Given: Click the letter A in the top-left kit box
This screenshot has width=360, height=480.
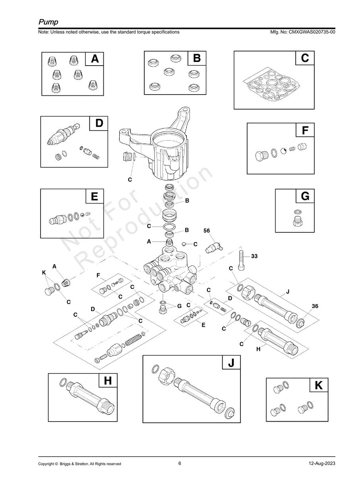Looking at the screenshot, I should (x=95, y=59).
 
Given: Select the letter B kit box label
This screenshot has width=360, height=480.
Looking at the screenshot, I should (x=197, y=58).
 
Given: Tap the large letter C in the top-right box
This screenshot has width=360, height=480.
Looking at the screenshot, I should (x=305, y=58).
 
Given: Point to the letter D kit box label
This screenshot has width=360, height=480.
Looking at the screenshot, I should (x=99, y=123).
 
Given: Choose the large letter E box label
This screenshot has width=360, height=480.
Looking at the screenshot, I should (x=95, y=196).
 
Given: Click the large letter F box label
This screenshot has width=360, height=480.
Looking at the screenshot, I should (x=305, y=130).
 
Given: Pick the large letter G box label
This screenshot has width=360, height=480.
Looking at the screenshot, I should (x=305, y=196).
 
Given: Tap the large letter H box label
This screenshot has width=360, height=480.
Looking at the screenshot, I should (x=108, y=381).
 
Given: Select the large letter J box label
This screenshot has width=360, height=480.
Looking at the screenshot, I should (x=231, y=363).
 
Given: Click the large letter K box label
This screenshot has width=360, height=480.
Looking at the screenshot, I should (x=318, y=385).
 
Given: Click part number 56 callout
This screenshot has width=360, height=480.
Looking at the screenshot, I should (x=207, y=230).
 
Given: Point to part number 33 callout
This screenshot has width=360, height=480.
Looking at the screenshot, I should (x=254, y=256).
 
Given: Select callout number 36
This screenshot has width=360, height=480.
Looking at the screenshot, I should (x=315, y=306).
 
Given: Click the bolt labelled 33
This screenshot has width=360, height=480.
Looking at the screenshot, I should (x=242, y=260).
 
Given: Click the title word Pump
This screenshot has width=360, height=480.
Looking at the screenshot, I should (x=48, y=21).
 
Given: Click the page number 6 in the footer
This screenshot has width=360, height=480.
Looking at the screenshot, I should (x=180, y=463).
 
